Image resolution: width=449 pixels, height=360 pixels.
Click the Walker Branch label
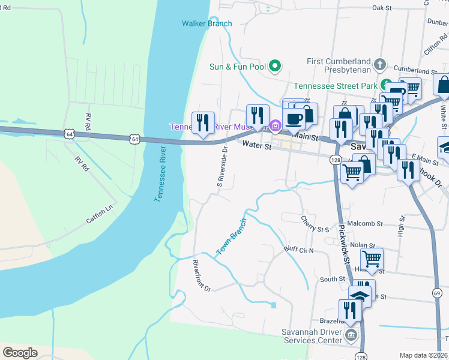pyautogui.click(x=206, y=23)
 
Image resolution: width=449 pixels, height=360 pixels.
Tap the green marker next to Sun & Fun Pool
pyautogui.click(x=275, y=66)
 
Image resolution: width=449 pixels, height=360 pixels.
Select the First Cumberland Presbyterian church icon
pyautogui.click(x=379, y=64)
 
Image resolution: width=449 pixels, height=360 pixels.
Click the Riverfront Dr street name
pyautogui.click(x=202, y=276)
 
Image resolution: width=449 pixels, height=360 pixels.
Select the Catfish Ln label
pyautogui.click(x=99, y=215)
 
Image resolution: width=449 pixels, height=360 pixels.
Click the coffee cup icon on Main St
pyautogui.click(x=294, y=118)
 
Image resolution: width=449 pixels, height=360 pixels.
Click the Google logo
pyautogui.click(x=20, y=353)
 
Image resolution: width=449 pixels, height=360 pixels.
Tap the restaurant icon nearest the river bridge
pyautogui.click(x=203, y=122)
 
